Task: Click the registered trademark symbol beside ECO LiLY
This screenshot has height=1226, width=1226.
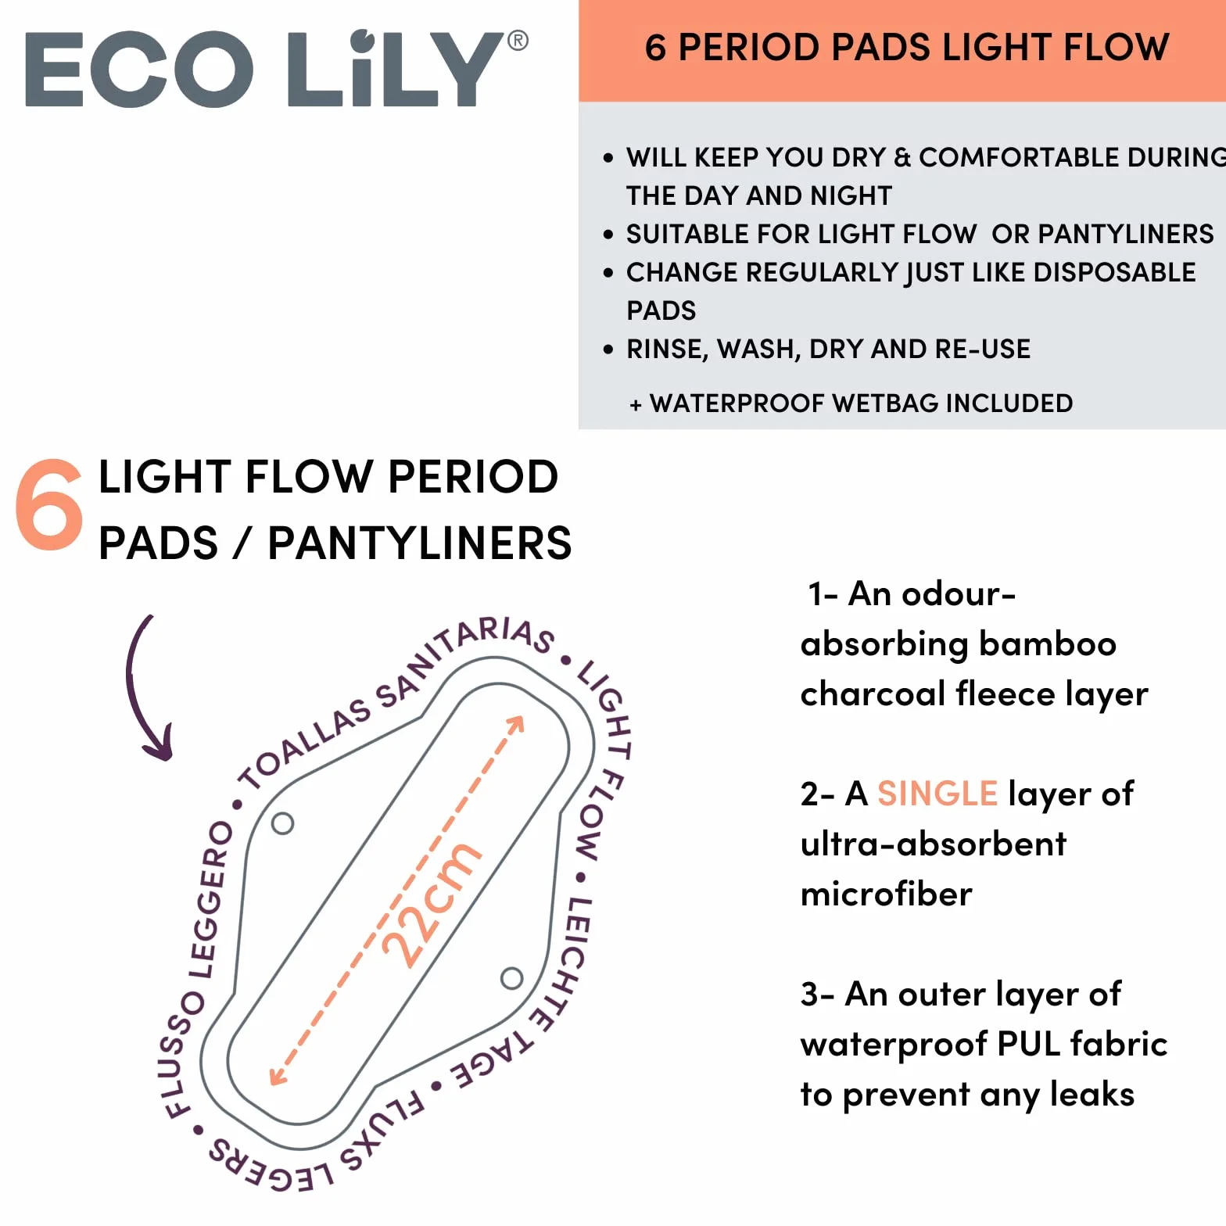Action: pos(518,41)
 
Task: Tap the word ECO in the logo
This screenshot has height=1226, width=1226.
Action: pos(140,70)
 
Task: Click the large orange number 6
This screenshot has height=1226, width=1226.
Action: pos(49,504)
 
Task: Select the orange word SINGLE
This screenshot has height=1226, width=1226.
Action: pos(937,794)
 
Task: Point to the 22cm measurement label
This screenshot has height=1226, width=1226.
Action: pos(431,905)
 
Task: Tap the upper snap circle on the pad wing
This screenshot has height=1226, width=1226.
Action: pos(282,823)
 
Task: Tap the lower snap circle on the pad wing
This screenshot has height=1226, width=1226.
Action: pos(511,978)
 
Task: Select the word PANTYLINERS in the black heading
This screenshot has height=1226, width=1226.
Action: pos(420,543)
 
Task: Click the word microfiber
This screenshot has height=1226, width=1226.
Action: pos(887,894)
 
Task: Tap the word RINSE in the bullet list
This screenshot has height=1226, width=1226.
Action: pos(667,350)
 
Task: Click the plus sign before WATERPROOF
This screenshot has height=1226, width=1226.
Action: pos(636,405)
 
